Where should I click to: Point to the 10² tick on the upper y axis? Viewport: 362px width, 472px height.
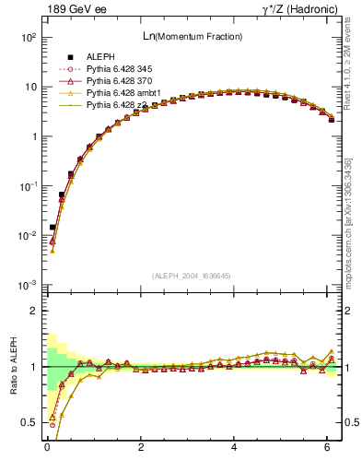pyautogui.click(x=29, y=38)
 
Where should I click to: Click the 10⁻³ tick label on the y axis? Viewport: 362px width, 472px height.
pyautogui.click(x=29, y=285)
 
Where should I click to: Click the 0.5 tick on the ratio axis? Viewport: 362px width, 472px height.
pyautogui.click(x=29, y=422)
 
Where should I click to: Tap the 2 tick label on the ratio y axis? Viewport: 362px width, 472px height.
pyautogui.click(x=32, y=312)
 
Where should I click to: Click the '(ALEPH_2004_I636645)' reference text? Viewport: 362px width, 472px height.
pyautogui.click(x=192, y=276)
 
